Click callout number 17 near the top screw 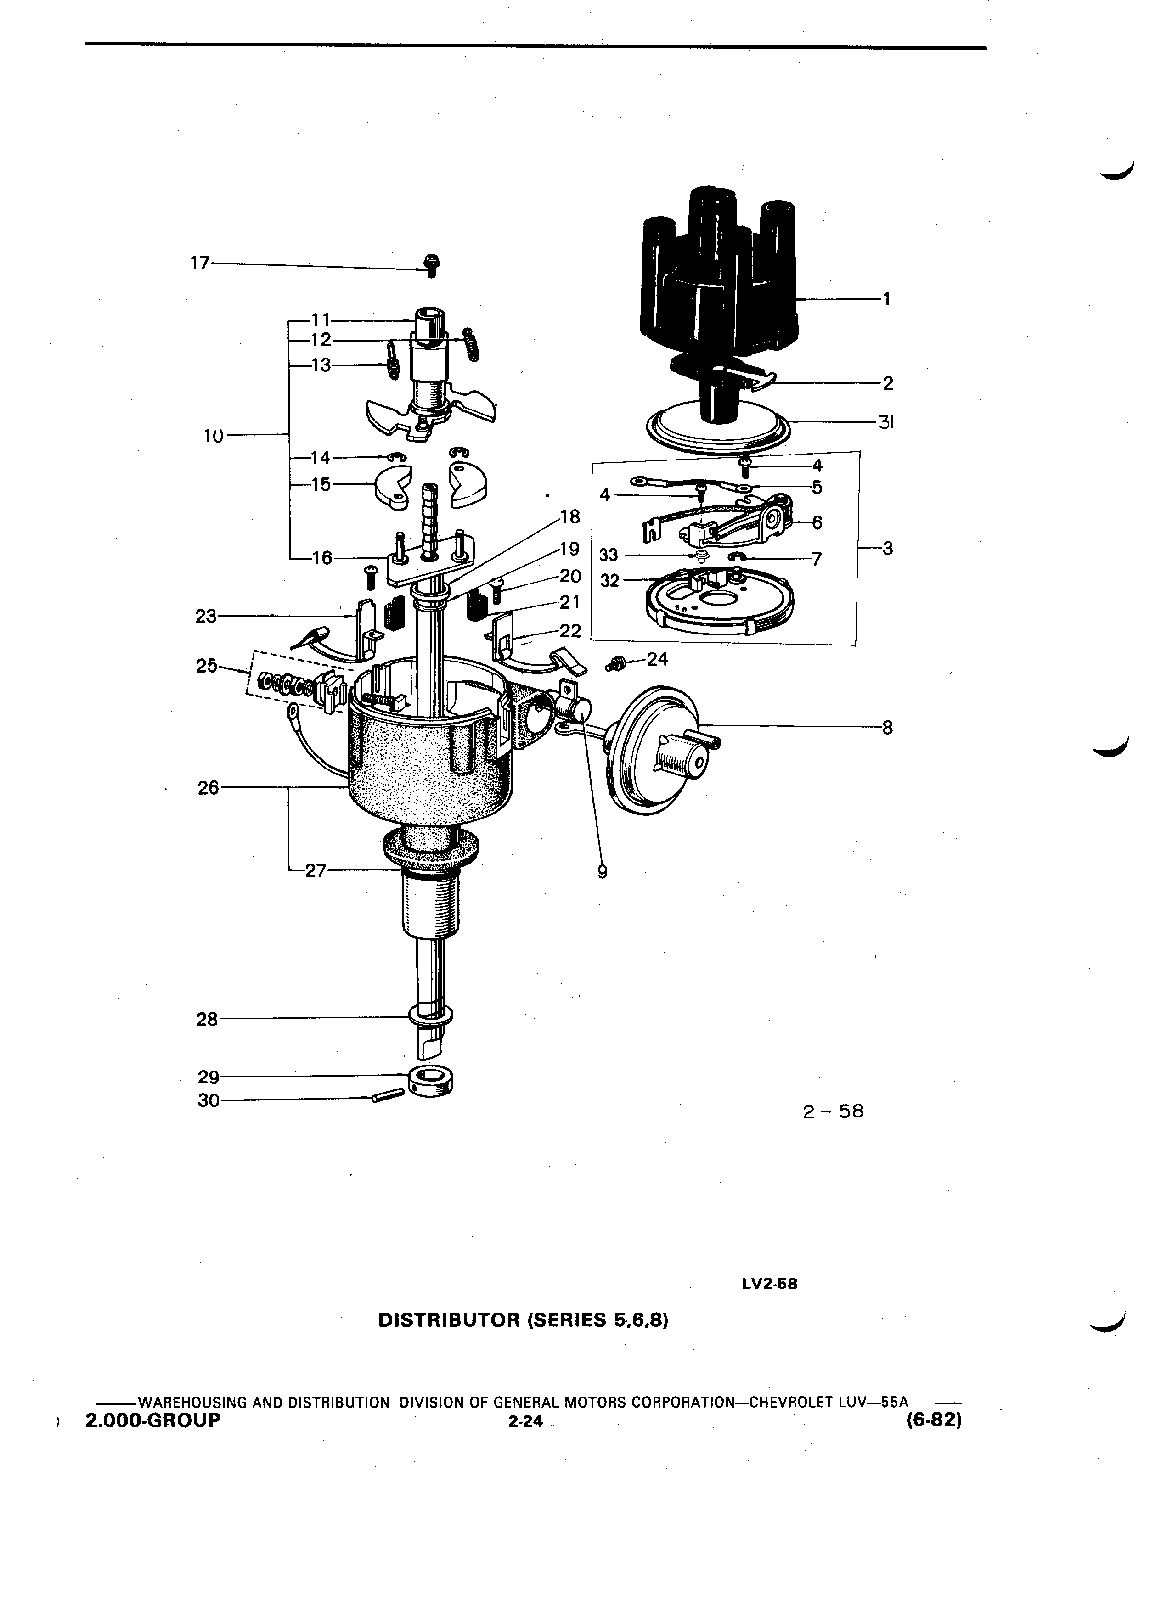coord(200,263)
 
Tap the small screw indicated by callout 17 coord(432,264)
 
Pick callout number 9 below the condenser coord(602,871)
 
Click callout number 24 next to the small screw coord(657,660)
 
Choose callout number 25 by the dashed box coord(207,666)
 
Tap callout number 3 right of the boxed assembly coord(887,549)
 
